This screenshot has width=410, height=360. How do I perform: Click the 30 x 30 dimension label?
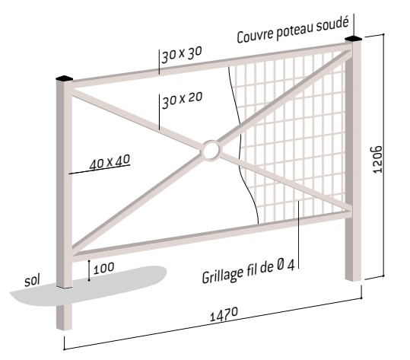click(x=182, y=55)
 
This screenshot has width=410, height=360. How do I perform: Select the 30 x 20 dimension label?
click(x=183, y=100)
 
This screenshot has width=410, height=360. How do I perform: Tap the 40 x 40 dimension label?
click(x=110, y=162)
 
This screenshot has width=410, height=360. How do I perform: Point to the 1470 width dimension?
click(x=224, y=314)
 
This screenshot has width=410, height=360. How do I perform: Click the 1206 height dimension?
click(x=377, y=159)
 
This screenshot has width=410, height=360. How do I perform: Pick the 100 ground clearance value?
click(x=103, y=268)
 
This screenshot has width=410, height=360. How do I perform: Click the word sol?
click(x=32, y=280)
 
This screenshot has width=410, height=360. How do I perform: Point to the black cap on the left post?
click(x=64, y=78)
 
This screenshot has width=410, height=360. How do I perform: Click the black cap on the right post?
click(x=353, y=39)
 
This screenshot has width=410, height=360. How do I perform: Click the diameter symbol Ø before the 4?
click(x=279, y=266)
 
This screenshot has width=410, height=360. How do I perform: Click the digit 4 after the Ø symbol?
click(x=291, y=265)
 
